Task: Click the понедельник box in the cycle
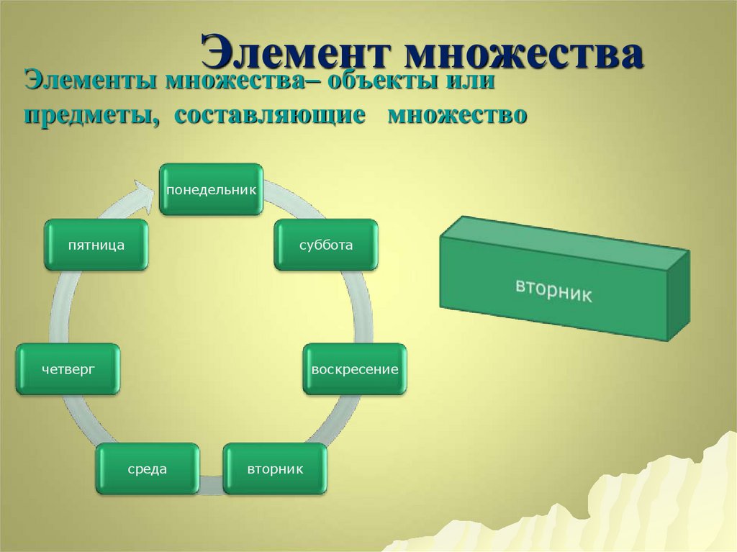211,189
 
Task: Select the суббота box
326,245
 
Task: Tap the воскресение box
355,369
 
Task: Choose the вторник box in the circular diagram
275,469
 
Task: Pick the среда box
148,469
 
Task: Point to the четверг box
68,369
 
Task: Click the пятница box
96,245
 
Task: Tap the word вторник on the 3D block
553,289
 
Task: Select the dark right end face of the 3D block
678,295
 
